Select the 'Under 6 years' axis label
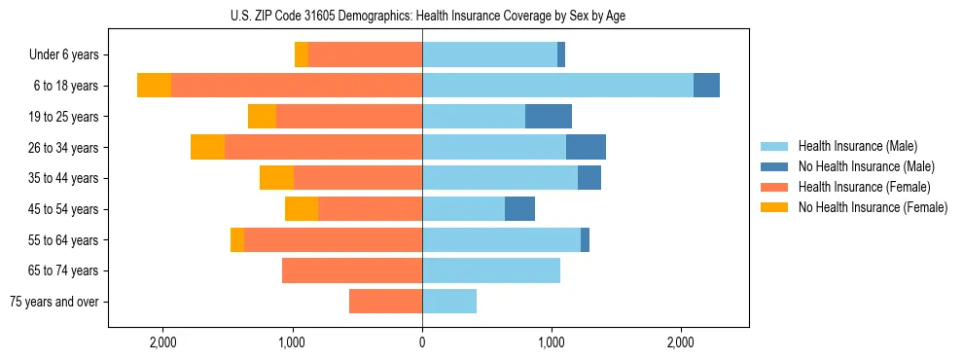pyautogui.click(x=63, y=54)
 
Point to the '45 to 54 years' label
pyautogui.click(x=63, y=209)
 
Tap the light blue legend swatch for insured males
pyautogui.click(x=774, y=146)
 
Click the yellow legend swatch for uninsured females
pyautogui.click(x=774, y=207)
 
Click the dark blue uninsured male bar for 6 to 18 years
pyautogui.click(x=706, y=86)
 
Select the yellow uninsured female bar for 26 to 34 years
pyautogui.click(x=207, y=147)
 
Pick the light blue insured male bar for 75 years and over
pyautogui.click(x=449, y=302)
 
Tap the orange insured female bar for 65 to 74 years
pyautogui.click(x=352, y=270)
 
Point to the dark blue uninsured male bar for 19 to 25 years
pyautogui.click(x=549, y=117)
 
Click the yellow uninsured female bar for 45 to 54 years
pyautogui.click(x=302, y=209)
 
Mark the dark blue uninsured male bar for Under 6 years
pyautogui.click(x=561, y=54)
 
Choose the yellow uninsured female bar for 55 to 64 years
pyautogui.click(x=237, y=239)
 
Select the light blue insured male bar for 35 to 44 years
pyautogui.click(x=500, y=178)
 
